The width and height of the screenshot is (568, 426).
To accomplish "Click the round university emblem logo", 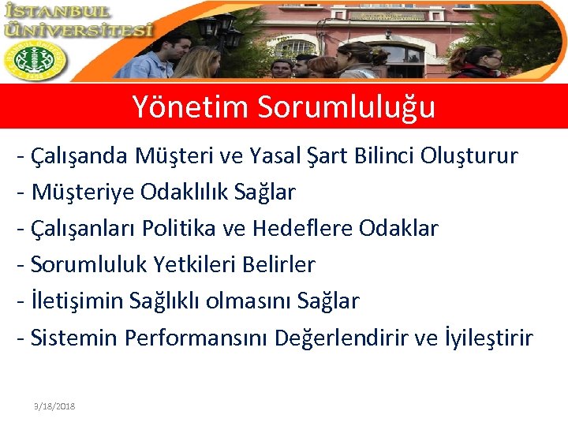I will pos(35,61).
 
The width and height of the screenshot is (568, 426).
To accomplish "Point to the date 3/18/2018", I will pos(54,405).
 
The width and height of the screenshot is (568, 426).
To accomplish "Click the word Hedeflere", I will pos(303,229).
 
